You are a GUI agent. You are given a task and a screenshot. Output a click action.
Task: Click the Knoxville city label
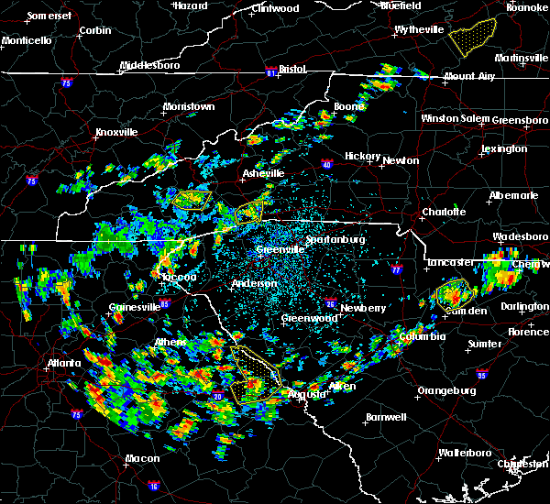[x=116, y=132]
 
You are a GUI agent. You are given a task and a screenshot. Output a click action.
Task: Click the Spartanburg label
[x=335, y=239]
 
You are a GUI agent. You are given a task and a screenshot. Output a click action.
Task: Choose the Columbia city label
[x=422, y=336]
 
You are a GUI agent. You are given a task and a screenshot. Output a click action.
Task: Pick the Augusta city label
[x=305, y=394]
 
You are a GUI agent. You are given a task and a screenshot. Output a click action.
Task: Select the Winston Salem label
[x=456, y=118]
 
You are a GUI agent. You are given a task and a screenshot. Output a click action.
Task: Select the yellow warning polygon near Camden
[x=455, y=294]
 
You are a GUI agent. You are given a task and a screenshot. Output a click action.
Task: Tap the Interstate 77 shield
[x=395, y=270]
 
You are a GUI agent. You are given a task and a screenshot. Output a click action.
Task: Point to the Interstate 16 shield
[x=153, y=485]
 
